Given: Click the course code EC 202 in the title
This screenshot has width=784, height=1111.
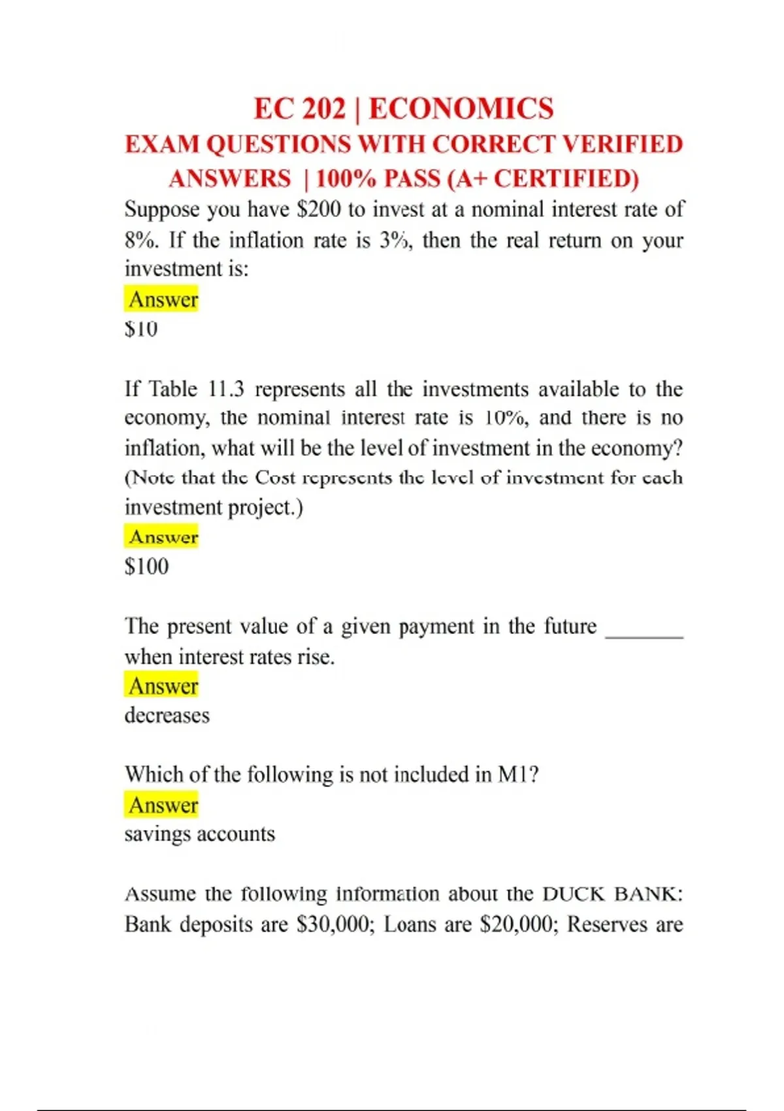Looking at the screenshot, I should coord(299,108).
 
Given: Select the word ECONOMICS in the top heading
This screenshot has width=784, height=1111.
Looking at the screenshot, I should coord(461,108).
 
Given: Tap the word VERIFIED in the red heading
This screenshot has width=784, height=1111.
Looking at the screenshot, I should coord(623,144).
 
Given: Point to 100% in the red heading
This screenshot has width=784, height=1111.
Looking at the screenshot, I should coord(346,178).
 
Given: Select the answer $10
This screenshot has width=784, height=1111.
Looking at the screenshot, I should coord(141,329).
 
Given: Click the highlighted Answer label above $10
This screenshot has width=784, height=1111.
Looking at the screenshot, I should coord(162,299).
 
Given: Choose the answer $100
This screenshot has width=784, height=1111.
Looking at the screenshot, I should coord(146,566).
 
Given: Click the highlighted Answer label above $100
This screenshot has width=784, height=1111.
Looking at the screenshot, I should coord(162,537).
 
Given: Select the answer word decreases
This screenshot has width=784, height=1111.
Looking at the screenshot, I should coord(167,716).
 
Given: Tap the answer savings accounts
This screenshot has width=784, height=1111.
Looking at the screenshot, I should coord(200,834).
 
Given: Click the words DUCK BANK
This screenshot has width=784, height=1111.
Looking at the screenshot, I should coord(612,893).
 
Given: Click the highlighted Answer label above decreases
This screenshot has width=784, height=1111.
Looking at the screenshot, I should coord(162,686).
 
